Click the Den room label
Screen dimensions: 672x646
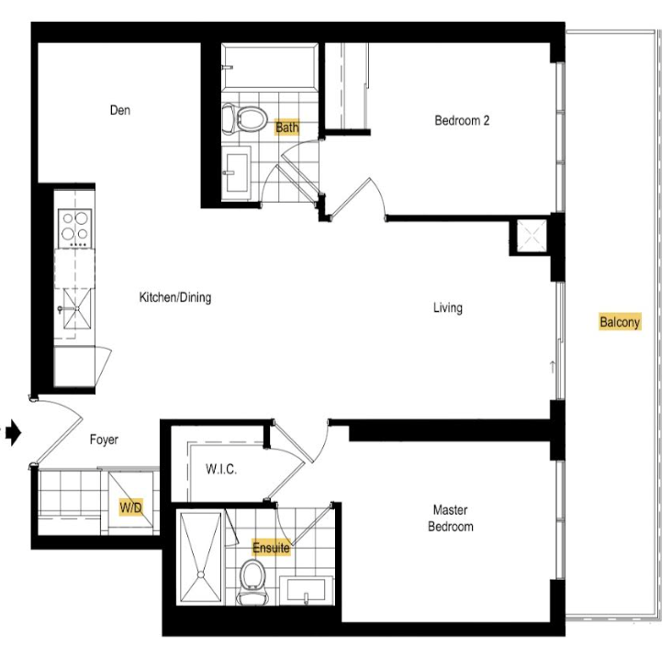120,110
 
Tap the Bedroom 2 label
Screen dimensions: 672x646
462,120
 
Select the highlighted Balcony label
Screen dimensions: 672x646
620,322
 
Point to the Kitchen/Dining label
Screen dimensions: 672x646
175,297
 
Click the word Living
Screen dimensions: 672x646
448,307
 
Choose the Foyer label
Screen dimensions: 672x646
104,440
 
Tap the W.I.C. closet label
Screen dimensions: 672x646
221,469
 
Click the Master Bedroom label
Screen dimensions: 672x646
451,518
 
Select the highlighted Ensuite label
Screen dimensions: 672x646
271,548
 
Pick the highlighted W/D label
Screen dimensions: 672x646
130,507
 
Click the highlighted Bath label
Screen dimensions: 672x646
287,128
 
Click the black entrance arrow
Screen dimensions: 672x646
13,433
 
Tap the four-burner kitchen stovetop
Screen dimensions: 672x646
75,228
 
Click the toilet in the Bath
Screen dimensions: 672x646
244,117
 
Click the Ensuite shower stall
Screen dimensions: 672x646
200,557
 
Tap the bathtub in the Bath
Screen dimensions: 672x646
270,66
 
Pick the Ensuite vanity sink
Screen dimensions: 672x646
307,591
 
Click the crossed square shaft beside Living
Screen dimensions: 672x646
532,236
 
